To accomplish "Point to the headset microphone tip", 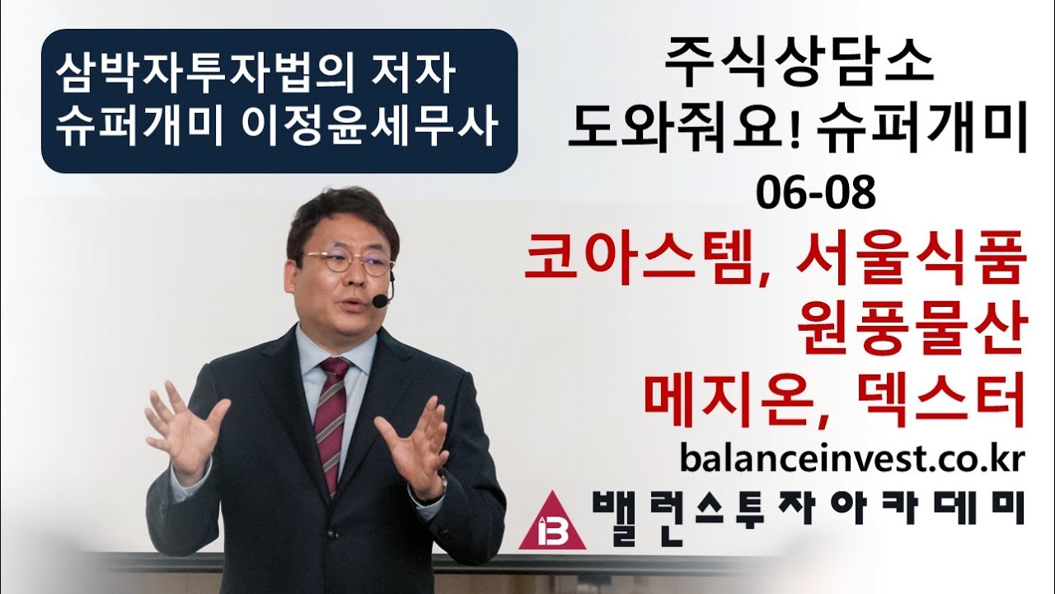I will point(380,302).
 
